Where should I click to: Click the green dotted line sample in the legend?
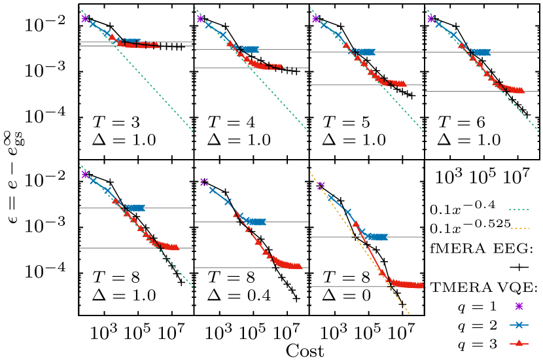519,210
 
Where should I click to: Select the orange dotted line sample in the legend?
519,228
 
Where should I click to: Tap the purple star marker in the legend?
519,306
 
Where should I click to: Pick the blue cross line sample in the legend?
519,325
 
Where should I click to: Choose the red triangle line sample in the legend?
519,343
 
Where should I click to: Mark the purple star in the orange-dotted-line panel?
321,185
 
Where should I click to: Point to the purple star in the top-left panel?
85,18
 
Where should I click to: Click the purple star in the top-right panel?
430,18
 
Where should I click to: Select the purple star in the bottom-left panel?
85,174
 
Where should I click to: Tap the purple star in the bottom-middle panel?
203,181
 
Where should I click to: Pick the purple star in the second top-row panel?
200,18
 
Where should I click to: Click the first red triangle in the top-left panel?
112,37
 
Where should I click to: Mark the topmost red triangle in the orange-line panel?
355,224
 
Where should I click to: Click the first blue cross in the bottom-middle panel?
212,190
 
